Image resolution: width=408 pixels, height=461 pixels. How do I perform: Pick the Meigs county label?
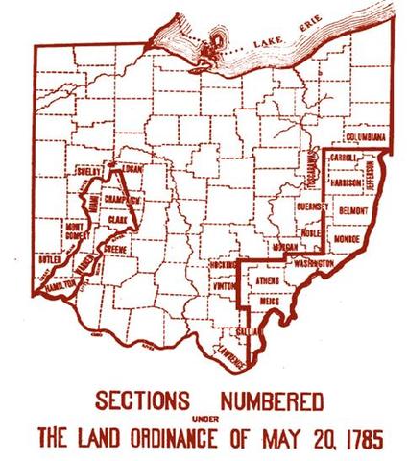click(270, 300)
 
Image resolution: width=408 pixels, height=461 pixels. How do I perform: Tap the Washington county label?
click(312, 261)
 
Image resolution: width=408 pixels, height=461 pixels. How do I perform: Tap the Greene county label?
click(116, 248)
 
